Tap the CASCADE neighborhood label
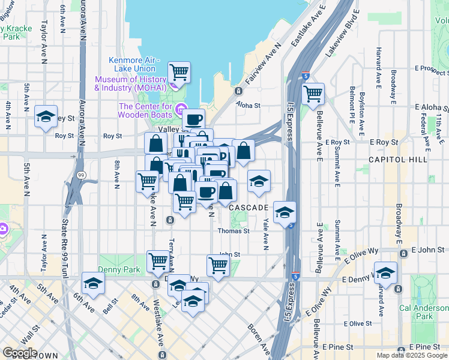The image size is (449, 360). coord(249,207)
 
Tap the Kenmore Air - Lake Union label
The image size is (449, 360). coord(134,64)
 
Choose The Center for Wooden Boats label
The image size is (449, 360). coord(146,111)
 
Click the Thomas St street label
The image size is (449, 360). coord(234,231)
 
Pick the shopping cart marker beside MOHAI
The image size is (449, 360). coord(179,73)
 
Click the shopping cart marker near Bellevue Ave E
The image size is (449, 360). coord(313,94)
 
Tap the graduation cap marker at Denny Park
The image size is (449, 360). coord(94,283)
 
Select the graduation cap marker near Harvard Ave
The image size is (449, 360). coord(385,272)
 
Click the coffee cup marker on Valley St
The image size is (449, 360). coord(193,119)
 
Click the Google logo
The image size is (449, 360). coord(20,353)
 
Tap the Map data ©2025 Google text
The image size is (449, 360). coord(412,355)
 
